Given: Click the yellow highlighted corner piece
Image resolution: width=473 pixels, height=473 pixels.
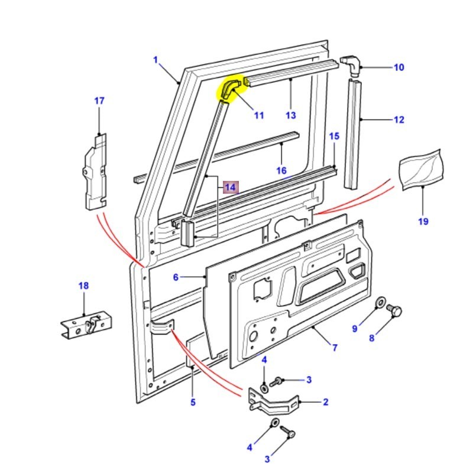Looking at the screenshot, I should pos(231,89).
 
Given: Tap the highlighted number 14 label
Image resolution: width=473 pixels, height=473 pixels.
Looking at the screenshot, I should pos(230,187).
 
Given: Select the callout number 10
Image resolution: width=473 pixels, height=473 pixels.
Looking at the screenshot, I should pos(399,67).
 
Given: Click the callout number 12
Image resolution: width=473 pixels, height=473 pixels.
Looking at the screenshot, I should pos(399,120).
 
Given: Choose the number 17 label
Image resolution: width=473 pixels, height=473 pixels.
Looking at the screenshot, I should pos(99,101).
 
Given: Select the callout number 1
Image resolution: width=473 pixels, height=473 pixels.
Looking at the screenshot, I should pos(155,60).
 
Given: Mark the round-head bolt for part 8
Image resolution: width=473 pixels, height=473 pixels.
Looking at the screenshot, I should pos(397,310).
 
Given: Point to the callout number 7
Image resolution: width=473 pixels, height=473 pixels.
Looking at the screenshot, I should pos(335,348).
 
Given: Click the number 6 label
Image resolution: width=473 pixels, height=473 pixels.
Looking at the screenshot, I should pos(176,277).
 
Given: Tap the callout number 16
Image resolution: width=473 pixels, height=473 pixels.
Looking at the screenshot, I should pos(281,171).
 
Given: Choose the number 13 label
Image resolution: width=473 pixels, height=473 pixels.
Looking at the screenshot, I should pos(290,115).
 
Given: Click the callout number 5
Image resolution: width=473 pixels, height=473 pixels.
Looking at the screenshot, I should pos(192,403).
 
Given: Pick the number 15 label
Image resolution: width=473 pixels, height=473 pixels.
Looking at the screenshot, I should pos(334,137).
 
